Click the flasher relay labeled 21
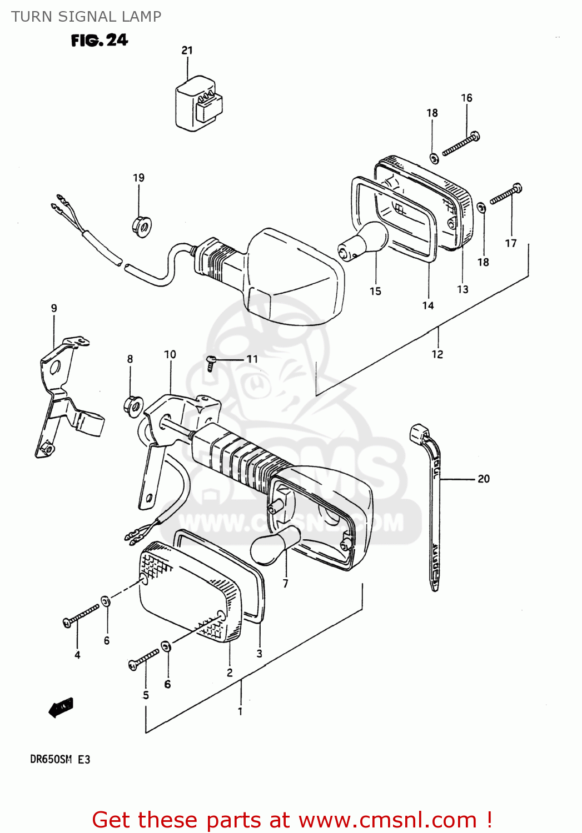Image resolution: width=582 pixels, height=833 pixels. [x=198, y=104]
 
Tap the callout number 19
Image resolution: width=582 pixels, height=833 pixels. [x=138, y=178]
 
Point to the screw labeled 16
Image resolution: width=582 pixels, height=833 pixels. [x=461, y=144]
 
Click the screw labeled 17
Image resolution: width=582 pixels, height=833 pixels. [x=505, y=195]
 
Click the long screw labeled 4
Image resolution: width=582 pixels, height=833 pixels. [x=81, y=615]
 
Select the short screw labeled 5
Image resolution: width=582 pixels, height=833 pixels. [x=144, y=659]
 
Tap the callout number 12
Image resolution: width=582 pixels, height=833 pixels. [x=437, y=354]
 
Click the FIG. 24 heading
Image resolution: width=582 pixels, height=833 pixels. [x=99, y=40]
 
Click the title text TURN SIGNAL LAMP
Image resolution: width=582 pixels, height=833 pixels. [x=86, y=17]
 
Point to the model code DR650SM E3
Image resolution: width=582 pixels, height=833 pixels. [x=60, y=759]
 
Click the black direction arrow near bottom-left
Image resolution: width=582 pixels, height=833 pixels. [x=61, y=707]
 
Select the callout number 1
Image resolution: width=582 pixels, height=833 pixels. [x=240, y=711]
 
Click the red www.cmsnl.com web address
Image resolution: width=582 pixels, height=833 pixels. [x=387, y=820]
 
